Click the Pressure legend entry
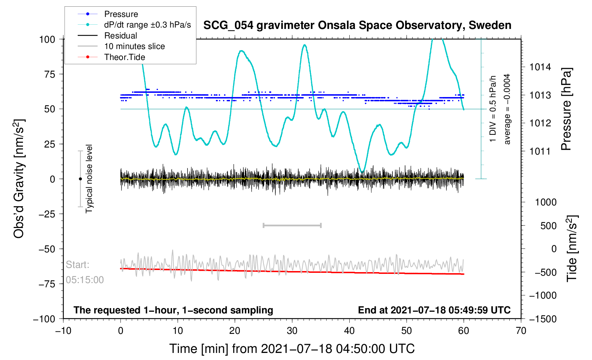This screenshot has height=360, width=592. tap(121, 14)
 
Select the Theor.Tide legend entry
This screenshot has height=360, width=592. tap(124, 57)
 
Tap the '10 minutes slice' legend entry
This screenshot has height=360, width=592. tap(134, 46)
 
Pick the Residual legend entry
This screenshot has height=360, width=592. tap(120, 36)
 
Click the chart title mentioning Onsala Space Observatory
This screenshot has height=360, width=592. tap(357, 25)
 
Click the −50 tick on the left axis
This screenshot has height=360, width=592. tap(47, 249)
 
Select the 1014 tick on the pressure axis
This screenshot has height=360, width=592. tap(540, 67)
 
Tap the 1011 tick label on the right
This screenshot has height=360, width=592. tap(540, 151)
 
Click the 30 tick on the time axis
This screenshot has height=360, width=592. tap(292, 331)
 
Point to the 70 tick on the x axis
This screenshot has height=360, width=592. tap(521, 331)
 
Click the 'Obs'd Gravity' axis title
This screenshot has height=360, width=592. tap(19, 179)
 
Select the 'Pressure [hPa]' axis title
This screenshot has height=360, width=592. tap(566, 109)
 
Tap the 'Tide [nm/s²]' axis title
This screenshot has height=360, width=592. tap(572, 248)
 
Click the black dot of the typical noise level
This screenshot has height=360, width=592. tap(80, 179)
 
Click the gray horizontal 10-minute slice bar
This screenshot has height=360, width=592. tap(292, 226)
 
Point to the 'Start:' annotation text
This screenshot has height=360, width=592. tap(78, 265)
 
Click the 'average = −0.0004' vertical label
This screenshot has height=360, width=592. tap(507, 109)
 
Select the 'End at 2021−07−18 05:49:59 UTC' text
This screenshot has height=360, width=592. tap(434, 310)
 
